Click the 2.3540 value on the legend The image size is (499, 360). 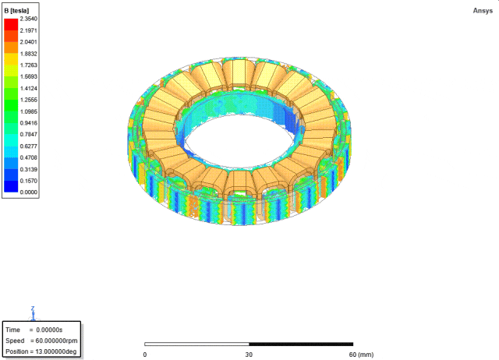coord(28,19)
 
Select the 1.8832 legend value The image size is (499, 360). coord(28,54)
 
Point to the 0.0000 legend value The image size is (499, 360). coord(28,192)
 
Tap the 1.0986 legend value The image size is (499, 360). coord(28,111)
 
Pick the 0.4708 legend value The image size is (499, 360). coord(28,157)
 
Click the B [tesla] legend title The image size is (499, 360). coord(16,11)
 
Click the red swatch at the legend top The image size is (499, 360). coord(11,24)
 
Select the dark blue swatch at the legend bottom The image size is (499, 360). coord(11,186)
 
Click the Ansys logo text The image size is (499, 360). coord(483,11)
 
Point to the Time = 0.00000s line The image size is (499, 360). coord(34,330)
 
